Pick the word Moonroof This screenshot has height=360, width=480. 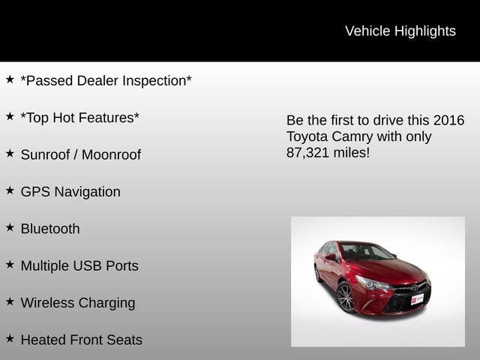[x=111, y=154]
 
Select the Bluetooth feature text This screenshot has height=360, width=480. [x=50, y=229]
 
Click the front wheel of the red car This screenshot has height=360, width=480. [x=346, y=298]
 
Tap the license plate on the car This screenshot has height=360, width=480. [x=418, y=298]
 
